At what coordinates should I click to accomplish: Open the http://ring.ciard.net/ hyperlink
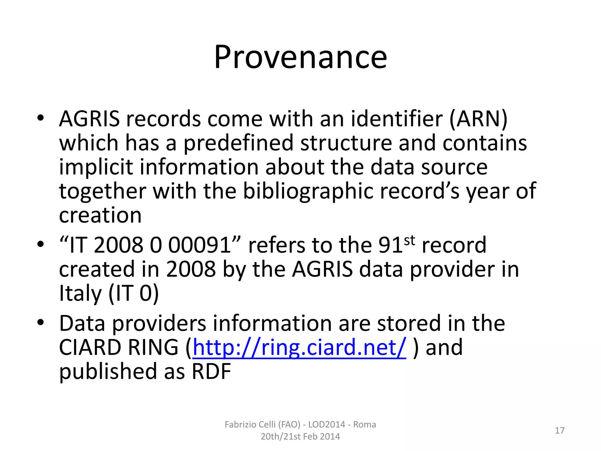coord(299,348)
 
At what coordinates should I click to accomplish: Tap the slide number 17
coord(560,430)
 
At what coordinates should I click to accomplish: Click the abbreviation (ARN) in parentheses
coord(478,119)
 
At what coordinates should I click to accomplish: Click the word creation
coord(100,215)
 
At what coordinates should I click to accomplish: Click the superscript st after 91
coord(410,240)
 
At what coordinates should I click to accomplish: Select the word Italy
coord(80,293)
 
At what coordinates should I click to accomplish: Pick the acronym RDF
coord(211,371)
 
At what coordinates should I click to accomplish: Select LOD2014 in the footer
coord(327,425)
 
